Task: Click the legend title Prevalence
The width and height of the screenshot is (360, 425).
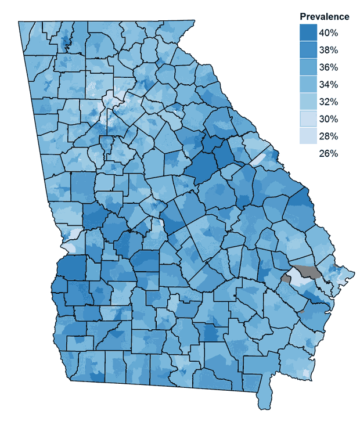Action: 324,16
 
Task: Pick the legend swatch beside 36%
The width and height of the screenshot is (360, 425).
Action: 308,67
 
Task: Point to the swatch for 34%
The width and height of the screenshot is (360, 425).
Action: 308,85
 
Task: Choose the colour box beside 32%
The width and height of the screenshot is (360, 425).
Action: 308,102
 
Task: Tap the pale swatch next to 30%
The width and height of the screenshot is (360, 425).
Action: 308,119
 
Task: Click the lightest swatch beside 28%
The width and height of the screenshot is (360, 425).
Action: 308,136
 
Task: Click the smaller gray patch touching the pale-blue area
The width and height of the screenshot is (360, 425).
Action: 286,278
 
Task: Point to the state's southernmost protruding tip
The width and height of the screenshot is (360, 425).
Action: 264,404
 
